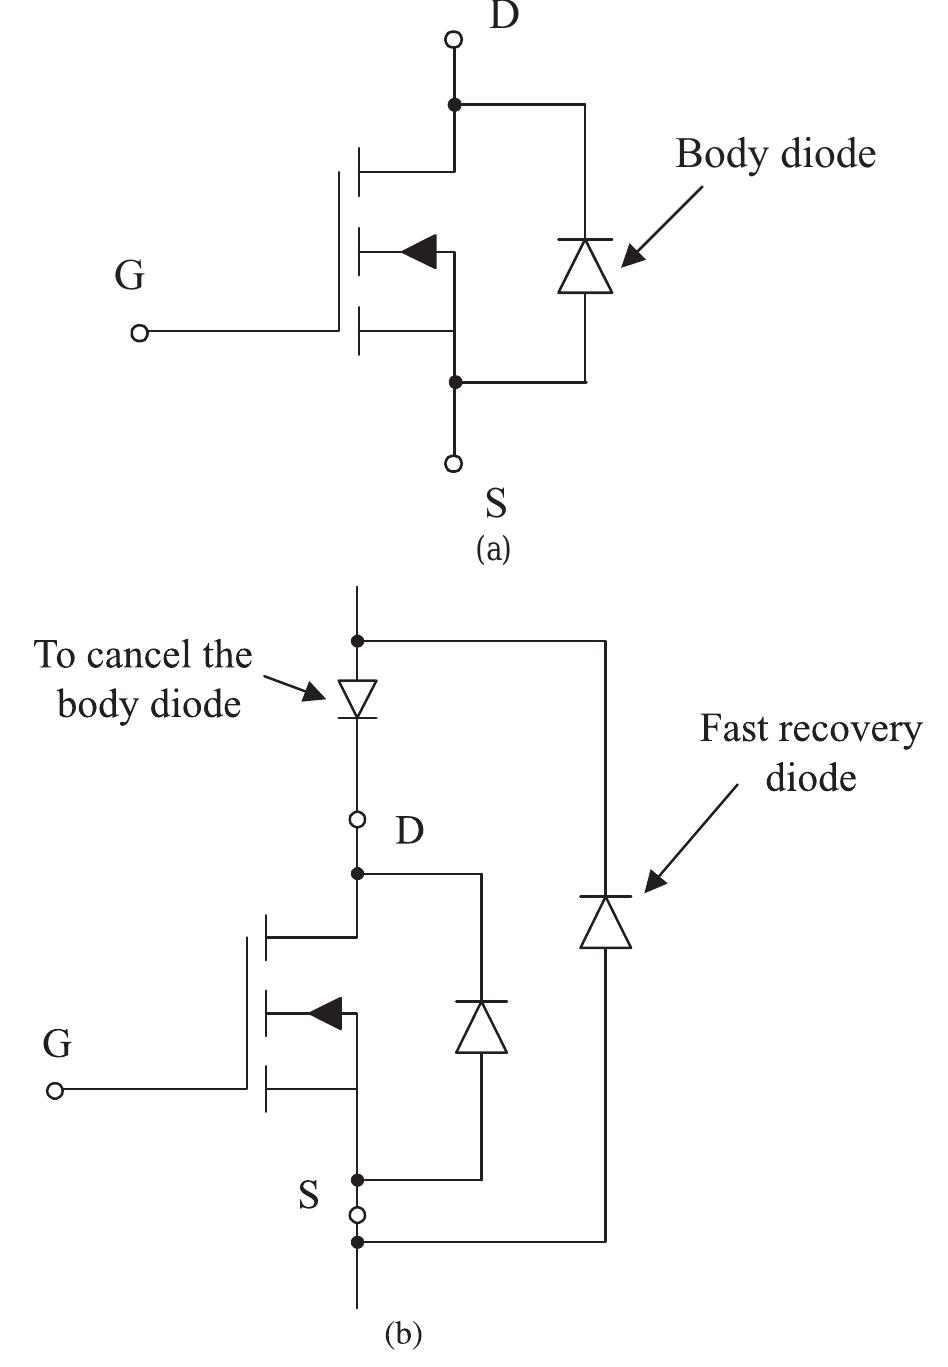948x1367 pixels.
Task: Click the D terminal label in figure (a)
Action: (x=504, y=17)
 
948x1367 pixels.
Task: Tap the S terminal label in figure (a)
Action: (x=495, y=503)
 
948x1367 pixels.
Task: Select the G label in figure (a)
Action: (x=129, y=275)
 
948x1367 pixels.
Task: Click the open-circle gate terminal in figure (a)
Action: (x=140, y=333)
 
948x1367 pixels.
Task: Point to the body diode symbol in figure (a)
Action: (x=585, y=266)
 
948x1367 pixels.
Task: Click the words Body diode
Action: (x=775, y=154)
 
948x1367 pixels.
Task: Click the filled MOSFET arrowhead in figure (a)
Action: (x=420, y=251)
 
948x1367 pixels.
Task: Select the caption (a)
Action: (x=494, y=549)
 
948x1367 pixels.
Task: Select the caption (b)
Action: (x=403, y=1334)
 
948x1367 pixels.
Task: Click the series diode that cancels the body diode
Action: (x=357, y=698)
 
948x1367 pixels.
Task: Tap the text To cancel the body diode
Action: (x=143, y=679)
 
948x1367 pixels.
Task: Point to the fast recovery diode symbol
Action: (x=605, y=922)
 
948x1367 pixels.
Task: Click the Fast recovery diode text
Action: (x=810, y=752)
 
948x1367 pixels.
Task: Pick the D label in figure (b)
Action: (x=409, y=830)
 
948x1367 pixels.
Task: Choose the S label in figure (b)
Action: (x=309, y=1195)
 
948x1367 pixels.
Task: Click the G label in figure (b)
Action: (x=57, y=1044)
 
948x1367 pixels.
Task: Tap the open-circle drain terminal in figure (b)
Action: (x=357, y=820)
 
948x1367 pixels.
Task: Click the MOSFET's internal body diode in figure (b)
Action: (x=481, y=1026)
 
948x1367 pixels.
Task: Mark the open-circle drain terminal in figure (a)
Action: (x=454, y=40)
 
